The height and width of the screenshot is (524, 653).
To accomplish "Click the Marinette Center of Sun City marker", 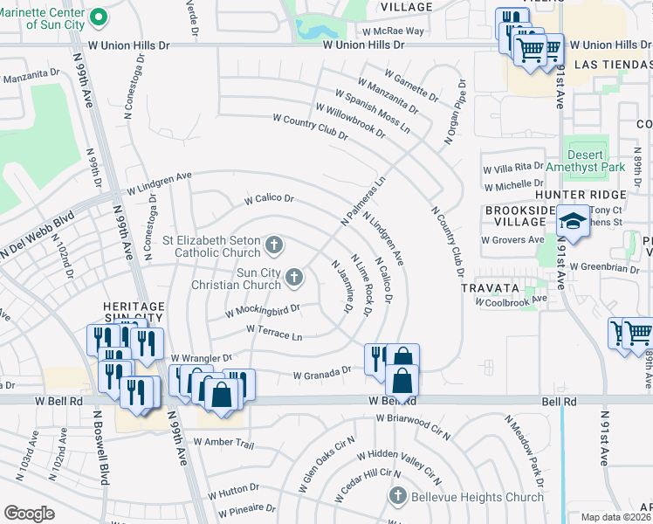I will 99,17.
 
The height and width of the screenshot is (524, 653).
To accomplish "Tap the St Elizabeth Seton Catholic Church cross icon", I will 274,245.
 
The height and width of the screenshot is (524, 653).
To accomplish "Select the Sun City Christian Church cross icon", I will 294,279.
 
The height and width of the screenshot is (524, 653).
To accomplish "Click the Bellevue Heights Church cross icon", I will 397,496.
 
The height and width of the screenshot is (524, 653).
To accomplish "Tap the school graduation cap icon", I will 573,222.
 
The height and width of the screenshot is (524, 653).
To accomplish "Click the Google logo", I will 29,514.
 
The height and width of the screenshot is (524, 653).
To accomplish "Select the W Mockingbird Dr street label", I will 262,310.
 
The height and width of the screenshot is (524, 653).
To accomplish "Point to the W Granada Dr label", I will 321,373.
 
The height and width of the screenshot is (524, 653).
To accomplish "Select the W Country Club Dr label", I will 310,128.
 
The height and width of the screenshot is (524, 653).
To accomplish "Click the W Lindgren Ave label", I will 159,183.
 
